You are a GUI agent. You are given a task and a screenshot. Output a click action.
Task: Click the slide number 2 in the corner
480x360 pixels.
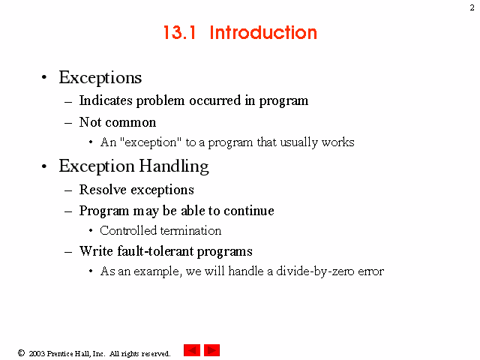click(x=472, y=7)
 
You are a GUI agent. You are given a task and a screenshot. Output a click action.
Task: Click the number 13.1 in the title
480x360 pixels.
click(x=180, y=32)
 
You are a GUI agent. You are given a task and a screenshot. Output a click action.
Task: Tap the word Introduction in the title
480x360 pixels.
click(x=263, y=32)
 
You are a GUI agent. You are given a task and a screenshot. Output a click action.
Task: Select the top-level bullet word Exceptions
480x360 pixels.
click(x=100, y=77)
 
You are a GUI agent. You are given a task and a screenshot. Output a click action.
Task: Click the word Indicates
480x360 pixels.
click(x=106, y=100)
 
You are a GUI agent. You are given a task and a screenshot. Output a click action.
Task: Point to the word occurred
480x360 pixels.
click(x=215, y=100)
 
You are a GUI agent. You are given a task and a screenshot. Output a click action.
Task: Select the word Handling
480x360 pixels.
click(x=174, y=166)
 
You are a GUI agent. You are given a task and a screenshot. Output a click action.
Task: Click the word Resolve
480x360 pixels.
click(x=103, y=190)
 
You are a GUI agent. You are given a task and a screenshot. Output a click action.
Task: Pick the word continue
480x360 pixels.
click(x=249, y=211)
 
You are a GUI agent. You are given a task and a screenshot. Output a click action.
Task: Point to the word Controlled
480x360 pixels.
click(x=128, y=230)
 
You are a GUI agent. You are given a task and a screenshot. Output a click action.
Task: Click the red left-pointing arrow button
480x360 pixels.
click(x=192, y=350)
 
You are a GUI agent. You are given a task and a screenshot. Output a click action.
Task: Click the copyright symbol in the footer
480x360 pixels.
click(x=21, y=353)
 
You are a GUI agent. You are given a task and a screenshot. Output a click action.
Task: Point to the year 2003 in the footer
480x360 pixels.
click(x=37, y=353)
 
